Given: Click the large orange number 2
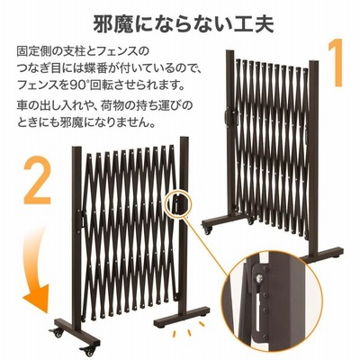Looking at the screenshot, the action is (x=37, y=180).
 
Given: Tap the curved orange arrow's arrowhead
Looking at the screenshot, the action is (x=37, y=298).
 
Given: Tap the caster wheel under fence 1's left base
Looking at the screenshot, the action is (x=208, y=230).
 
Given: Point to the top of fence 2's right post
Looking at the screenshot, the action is (x=184, y=139).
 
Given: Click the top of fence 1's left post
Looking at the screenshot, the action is (x=229, y=52).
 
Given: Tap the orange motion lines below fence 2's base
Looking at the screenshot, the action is (x=190, y=328).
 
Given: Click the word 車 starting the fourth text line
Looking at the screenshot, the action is (x=22, y=105).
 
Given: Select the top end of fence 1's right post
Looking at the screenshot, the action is (x=314, y=63).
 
